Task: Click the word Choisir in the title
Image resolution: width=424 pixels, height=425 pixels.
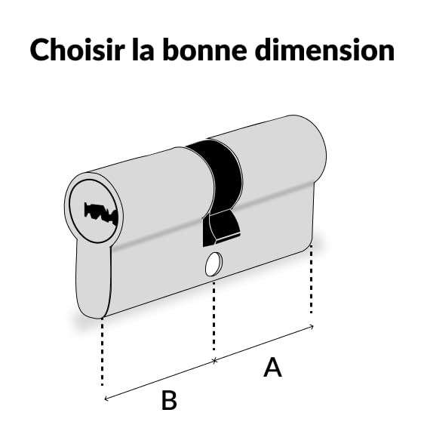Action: (78, 50)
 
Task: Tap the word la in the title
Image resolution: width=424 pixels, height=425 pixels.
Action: (143, 50)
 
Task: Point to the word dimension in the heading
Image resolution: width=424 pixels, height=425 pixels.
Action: (324, 50)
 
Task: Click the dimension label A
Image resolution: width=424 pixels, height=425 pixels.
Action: (272, 367)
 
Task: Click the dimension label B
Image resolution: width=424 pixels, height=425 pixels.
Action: (169, 400)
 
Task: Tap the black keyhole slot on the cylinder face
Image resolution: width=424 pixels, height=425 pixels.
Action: (101, 214)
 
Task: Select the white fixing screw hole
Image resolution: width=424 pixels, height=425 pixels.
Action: (214, 264)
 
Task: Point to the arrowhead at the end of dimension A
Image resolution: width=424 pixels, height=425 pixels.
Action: (312, 326)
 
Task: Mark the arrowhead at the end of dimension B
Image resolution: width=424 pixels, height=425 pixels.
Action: (106, 398)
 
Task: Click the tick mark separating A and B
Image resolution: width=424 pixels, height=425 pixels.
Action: (214, 361)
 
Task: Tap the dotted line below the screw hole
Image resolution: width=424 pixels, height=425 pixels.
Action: (214, 316)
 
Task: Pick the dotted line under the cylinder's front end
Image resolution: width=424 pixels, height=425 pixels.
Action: (102, 352)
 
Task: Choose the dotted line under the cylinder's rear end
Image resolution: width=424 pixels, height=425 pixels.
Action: (312, 279)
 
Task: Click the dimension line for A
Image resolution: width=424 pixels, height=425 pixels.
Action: (264, 343)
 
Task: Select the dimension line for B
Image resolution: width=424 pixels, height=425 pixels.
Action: (160, 380)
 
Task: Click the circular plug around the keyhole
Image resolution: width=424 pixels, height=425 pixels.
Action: (94, 211)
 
